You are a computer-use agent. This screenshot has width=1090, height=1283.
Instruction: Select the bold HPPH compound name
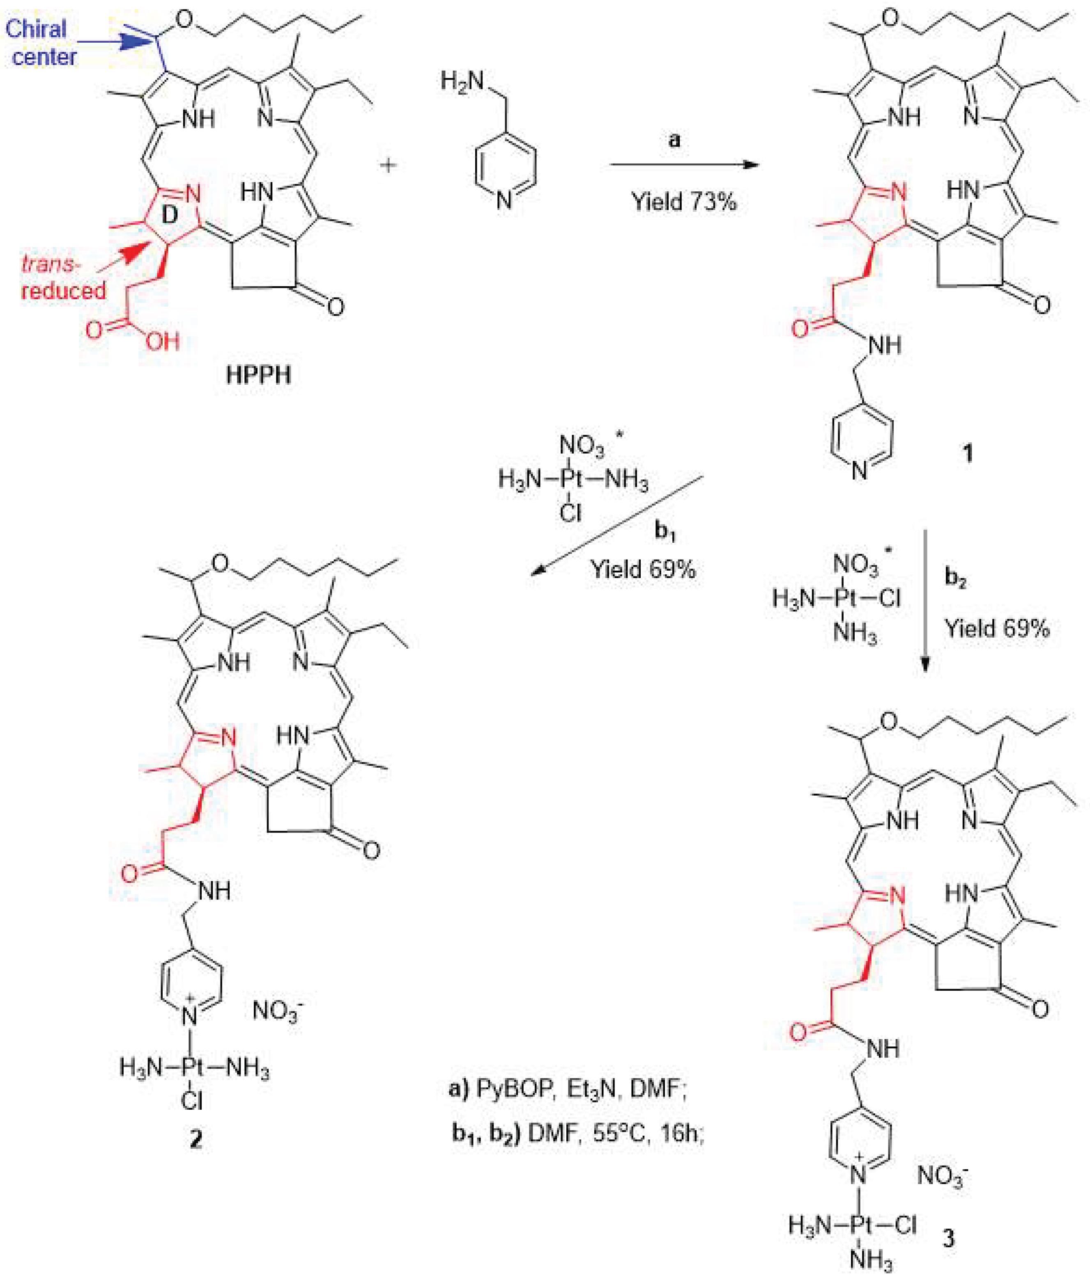[258, 375]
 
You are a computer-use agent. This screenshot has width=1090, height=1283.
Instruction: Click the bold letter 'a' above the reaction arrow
[675, 140]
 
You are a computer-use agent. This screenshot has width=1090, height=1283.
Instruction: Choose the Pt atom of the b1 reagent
[571, 480]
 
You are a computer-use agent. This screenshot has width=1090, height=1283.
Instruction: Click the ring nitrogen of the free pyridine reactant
[505, 200]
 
